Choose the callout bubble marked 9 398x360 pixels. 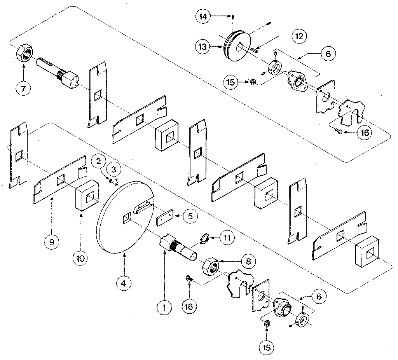tap(51, 241)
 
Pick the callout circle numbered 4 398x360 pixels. tap(124, 283)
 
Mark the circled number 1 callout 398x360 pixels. tap(164, 307)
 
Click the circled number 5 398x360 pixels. tap(190, 216)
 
